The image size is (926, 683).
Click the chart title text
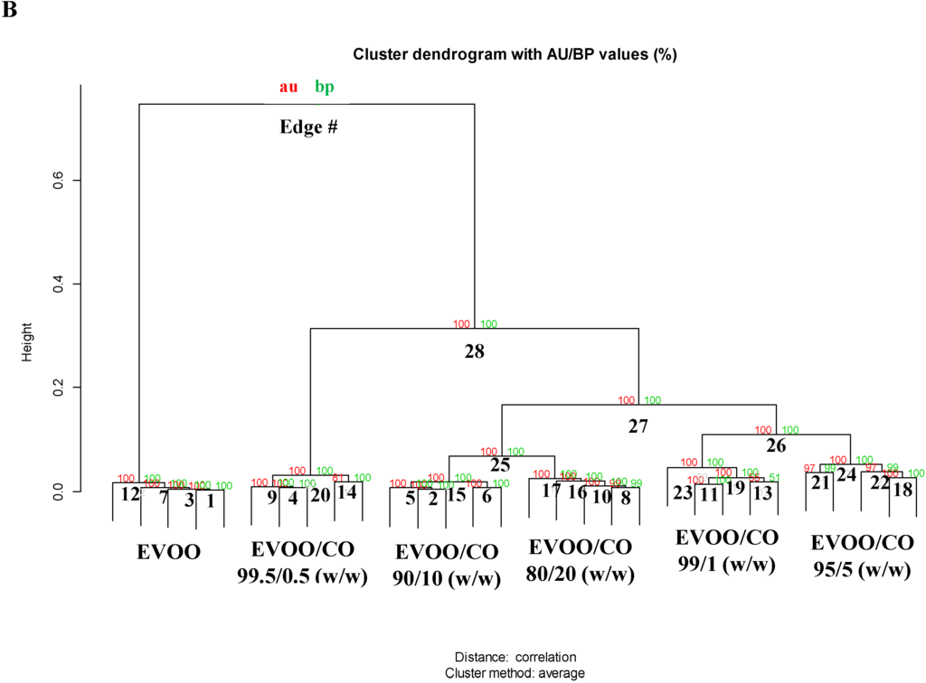(x=515, y=54)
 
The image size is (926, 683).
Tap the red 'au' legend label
(x=288, y=87)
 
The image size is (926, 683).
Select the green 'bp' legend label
(x=324, y=87)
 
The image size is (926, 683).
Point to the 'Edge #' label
(x=308, y=127)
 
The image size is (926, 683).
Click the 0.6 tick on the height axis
(x=56, y=181)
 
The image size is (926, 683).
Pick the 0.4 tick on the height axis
(x=56, y=285)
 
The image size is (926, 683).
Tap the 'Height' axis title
(x=28, y=341)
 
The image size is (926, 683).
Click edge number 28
(x=474, y=351)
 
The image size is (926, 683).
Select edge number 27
(x=639, y=426)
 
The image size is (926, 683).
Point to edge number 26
(x=776, y=444)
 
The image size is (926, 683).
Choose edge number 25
(x=500, y=465)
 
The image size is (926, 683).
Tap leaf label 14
(x=346, y=492)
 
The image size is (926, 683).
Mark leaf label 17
(x=552, y=491)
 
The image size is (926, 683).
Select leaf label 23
(x=683, y=493)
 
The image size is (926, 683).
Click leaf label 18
(x=902, y=491)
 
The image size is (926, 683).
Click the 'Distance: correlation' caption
(x=515, y=657)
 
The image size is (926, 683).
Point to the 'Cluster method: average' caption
(x=515, y=673)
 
